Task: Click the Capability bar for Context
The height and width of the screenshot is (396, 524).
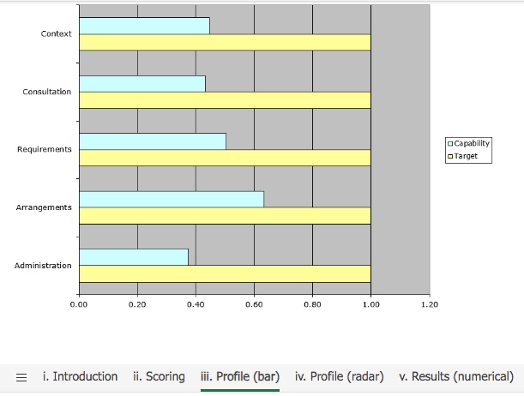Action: click(x=144, y=26)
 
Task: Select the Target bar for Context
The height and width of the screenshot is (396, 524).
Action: click(x=225, y=42)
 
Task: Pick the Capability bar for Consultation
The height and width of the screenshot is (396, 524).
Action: click(x=142, y=83)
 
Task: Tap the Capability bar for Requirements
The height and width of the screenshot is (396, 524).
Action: click(x=153, y=141)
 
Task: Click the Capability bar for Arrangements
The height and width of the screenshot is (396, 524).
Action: click(x=172, y=199)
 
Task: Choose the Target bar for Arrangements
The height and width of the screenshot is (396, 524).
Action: click(x=225, y=215)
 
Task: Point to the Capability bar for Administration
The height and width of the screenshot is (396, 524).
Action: click(x=134, y=256)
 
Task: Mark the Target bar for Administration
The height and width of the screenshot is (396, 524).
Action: click(x=225, y=273)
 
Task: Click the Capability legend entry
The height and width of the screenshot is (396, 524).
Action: click(x=468, y=143)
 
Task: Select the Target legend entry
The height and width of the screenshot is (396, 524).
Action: click(x=464, y=156)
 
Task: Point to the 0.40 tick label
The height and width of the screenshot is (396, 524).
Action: click(x=196, y=303)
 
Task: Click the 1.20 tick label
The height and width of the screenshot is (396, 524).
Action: click(x=429, y=303)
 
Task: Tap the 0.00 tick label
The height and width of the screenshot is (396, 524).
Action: click(x=79, y=303)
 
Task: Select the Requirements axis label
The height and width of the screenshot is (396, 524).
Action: click(x=45, y=149)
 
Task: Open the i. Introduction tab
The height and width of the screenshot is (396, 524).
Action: click(x=80, y=376)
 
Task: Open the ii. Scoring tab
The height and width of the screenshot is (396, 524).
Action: click(x=160, y=376)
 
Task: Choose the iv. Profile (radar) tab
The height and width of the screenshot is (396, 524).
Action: click(x=339, y=376)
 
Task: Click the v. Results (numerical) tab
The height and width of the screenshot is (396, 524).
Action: click(x=456, y=376)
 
